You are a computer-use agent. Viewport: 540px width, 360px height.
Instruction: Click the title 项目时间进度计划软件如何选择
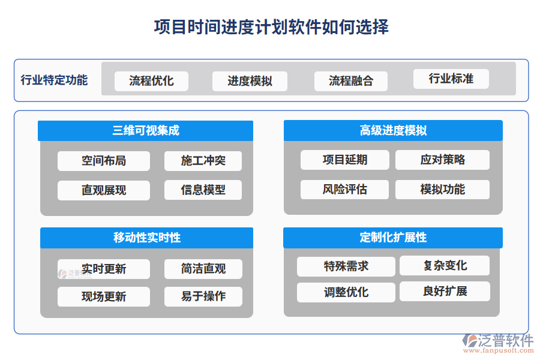coord(271,28)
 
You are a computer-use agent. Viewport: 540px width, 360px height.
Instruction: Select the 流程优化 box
coord(151,81)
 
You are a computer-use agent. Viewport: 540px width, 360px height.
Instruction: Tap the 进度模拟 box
coord(250,81)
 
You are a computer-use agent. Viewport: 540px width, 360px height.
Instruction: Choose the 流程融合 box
coord(351,81)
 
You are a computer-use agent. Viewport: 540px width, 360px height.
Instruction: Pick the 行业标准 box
coord(451,79)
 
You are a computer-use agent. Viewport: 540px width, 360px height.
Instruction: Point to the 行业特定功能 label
coord(54,80)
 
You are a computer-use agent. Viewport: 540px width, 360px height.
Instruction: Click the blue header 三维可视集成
coord(146,131)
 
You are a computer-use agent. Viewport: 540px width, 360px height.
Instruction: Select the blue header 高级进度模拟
coord(393,131)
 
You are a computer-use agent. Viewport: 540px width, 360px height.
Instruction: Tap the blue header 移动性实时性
coord(146,238)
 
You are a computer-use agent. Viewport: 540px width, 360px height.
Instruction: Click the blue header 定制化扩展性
coord(393,238)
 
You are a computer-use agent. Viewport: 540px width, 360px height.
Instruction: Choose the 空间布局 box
coord(104,161)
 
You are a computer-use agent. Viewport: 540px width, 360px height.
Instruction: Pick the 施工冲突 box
coord(203,161)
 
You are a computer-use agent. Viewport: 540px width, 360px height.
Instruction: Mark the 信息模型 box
coord(203,190)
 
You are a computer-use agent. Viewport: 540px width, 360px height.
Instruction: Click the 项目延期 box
coord(344,160)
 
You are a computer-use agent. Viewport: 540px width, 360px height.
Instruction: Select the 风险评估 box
coord(344,190)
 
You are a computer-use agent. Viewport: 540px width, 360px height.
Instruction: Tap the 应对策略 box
coord(443,160)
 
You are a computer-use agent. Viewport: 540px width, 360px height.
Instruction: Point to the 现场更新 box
coord(104,296)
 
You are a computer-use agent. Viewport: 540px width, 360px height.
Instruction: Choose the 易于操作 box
coord(203,296)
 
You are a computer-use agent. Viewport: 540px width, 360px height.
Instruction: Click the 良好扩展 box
coord(445,292)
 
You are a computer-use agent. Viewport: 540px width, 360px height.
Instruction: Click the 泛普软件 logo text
coord(505,341)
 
